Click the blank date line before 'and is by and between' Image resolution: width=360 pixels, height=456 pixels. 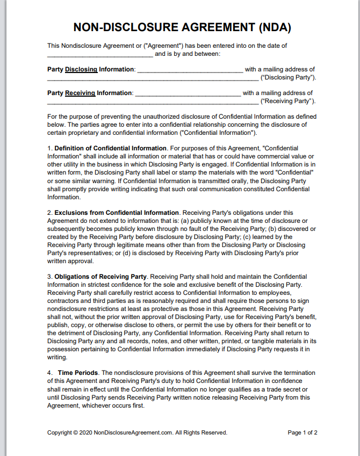pos(100,55)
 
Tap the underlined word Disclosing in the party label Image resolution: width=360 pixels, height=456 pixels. pos(81,69)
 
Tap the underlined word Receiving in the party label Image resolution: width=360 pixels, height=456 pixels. pos(80,93)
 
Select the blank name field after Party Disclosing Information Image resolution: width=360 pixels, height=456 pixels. pos(190,70)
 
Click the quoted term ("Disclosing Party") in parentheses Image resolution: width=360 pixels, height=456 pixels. pos(288,78)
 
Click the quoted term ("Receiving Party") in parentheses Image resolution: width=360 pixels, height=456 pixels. pos(288,102)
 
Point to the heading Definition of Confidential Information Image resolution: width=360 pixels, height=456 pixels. pos(111,148)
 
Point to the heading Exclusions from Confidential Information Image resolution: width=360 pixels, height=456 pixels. pos(117,213)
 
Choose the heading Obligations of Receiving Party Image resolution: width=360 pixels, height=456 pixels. pos(100,277)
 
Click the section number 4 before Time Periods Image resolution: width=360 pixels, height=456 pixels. pos(49,373)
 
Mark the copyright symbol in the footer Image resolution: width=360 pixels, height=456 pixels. pos(76,433)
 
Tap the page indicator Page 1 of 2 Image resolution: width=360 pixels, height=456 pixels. pos(303,433)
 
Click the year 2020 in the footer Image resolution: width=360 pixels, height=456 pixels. pos(85,433)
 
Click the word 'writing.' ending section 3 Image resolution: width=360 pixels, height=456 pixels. pos(57,357)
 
